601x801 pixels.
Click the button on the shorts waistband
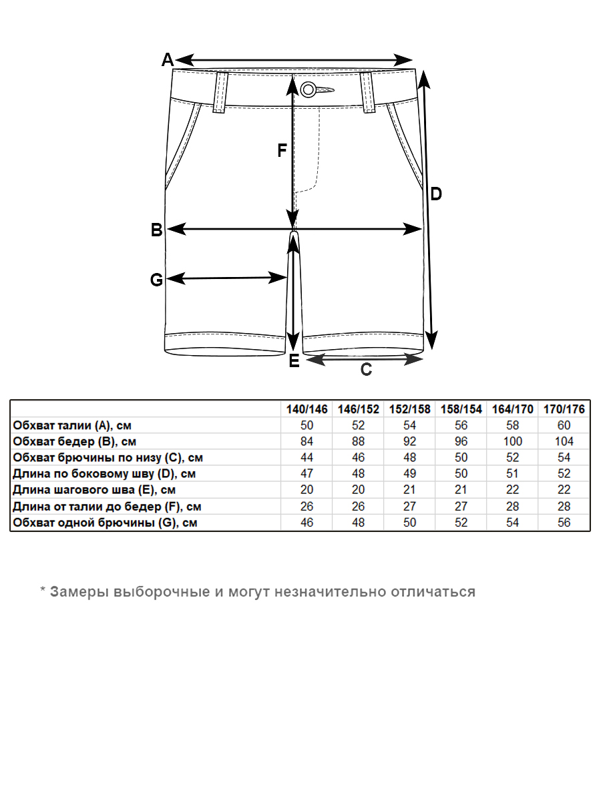click(309, 89)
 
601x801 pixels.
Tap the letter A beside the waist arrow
click(168, 60)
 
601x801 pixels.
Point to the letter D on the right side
click(435, 194)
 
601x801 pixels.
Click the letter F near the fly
click(282, 152)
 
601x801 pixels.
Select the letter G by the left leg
click(156, 280)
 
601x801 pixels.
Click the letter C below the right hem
click(366, 370)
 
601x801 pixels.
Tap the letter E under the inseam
click(294, 362)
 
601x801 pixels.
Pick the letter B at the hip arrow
click(156, 231)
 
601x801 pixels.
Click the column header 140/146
click(307, 409)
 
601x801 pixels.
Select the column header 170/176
click(564, 409)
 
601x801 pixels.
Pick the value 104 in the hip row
click(564, 441)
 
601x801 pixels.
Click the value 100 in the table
click(513, 441)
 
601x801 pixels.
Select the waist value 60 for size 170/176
click(564, 425)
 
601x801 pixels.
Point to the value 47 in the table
click(307, 474)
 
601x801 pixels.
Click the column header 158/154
click(461, 409)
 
